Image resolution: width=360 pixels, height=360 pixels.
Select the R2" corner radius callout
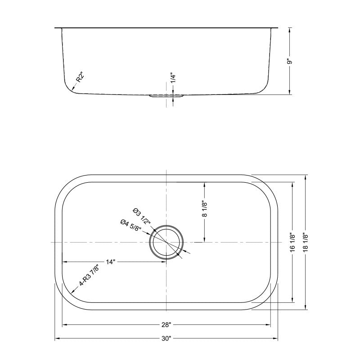point(80,77)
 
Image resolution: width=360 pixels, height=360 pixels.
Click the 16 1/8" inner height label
point(293,243)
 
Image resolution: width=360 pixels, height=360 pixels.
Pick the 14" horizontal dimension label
point(111,261)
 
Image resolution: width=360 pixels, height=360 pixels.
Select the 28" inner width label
point(166,324)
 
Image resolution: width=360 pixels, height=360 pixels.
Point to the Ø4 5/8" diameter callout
point(131,225)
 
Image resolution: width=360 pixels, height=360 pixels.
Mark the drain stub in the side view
point(166,96)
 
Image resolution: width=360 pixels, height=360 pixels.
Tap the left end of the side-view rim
point(56,28)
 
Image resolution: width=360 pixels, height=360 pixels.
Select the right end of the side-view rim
point(278,28)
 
